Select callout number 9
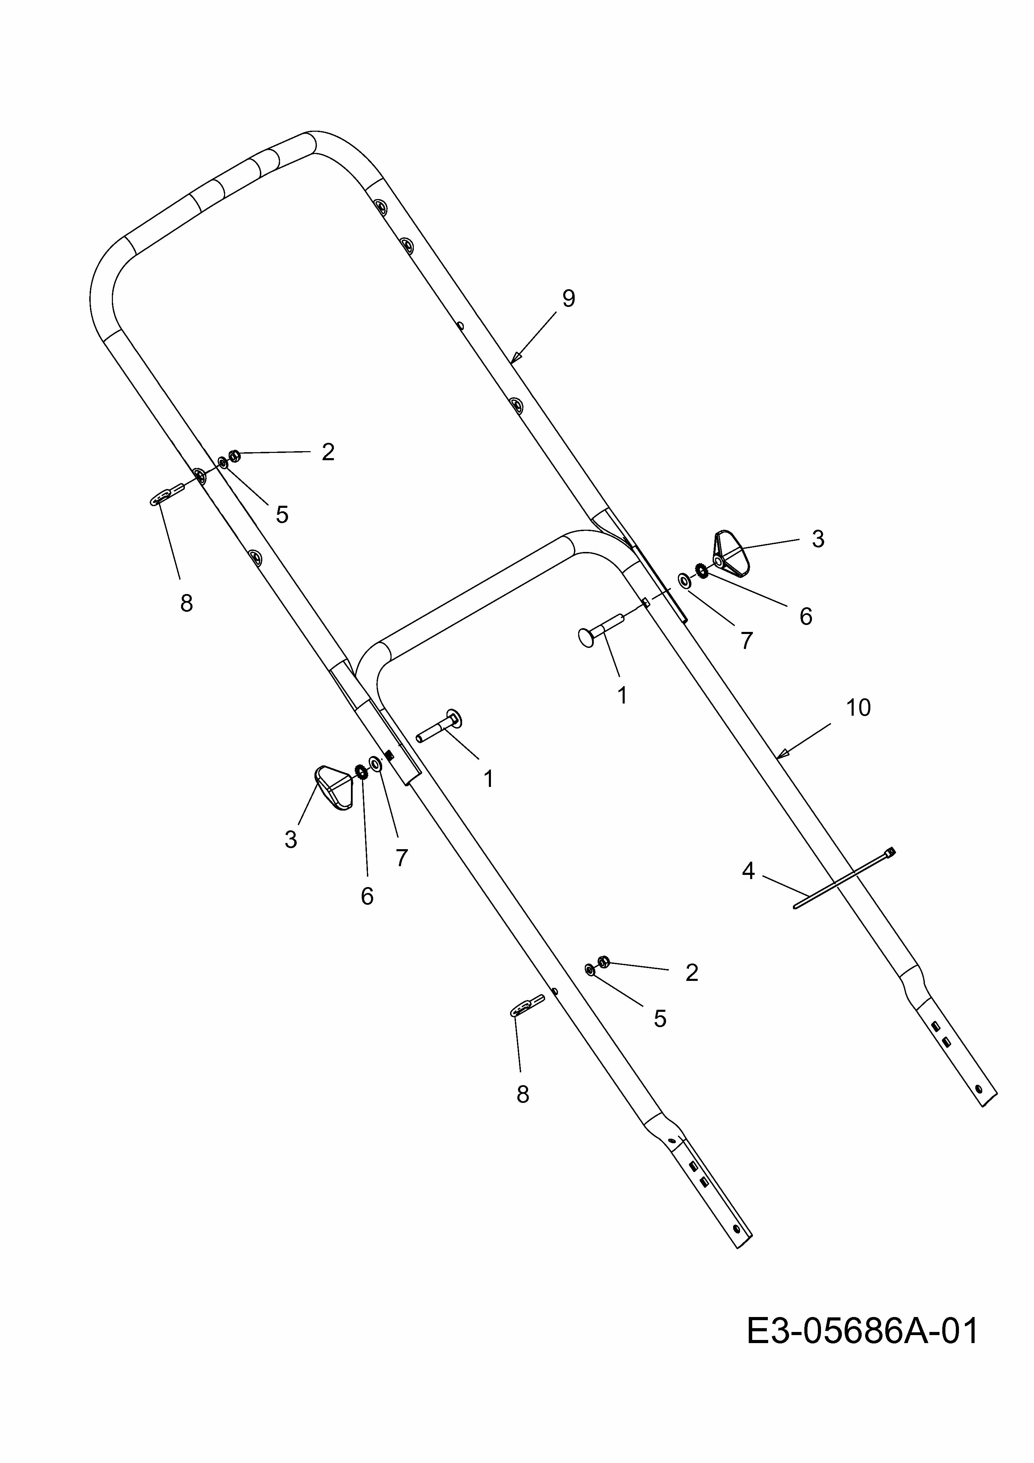coord(568,298)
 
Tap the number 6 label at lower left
coord(367,896)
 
